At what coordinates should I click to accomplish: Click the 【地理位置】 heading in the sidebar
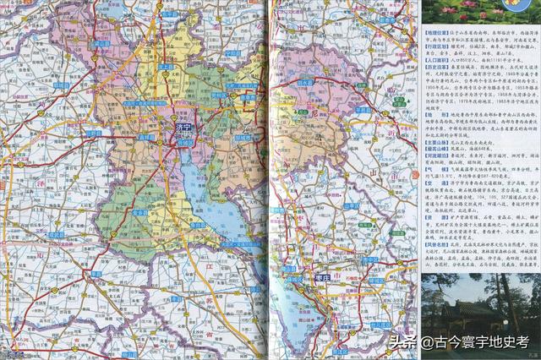pos(436,31)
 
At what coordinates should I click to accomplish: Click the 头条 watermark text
pos(404,342)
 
